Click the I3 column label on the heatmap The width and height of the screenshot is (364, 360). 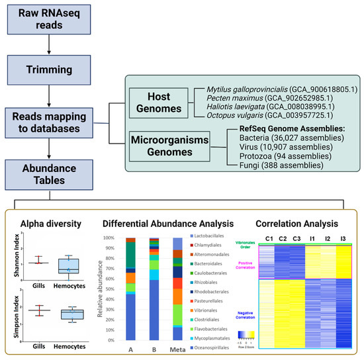[343, 238]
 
